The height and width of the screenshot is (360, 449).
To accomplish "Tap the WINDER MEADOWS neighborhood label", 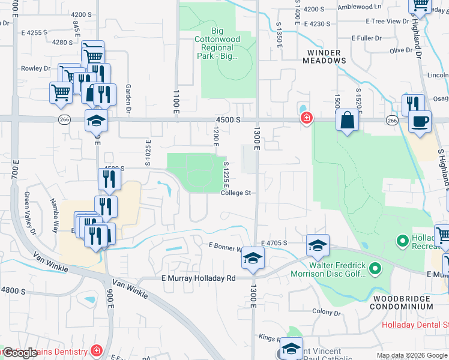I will (x=324, y=56).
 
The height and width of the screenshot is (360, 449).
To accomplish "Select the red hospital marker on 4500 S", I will (x=306, y=118).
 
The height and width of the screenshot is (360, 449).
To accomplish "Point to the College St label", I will (x=235, y=193).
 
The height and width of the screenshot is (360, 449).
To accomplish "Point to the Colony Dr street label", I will (x=327, y=311).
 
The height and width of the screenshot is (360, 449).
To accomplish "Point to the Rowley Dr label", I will (x=35, y=68).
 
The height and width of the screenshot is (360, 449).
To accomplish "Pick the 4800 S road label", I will (x=13, y=290).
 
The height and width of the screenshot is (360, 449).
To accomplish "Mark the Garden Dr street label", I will (x=128, y=98).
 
